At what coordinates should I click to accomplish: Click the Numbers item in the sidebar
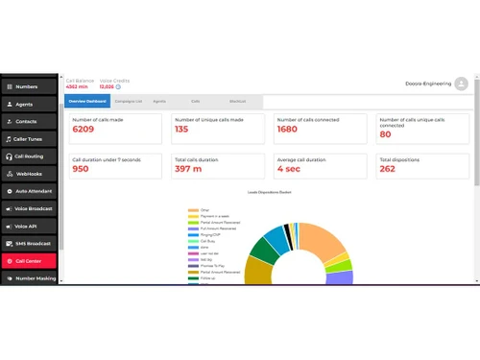(x=28, y=87)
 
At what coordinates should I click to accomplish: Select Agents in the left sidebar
(x=28, y=105)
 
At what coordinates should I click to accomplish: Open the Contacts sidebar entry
(x=28, y=122)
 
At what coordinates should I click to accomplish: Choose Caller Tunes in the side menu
(x=28, y=139)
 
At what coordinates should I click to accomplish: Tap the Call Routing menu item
(x=28, y=156)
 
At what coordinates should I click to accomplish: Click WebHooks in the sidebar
(x=28, y=174)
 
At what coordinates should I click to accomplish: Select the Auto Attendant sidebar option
(x=28, y=191)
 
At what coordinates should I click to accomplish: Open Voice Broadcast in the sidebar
(x=28, y=208)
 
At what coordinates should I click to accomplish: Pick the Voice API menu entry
(x=28, y=226)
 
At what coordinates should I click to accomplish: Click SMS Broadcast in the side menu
(x=28, y=243)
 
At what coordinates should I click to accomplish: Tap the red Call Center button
(x=28, y=260)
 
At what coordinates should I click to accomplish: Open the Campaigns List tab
(x=127, y=100)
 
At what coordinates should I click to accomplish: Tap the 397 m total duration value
(x=188, y=169)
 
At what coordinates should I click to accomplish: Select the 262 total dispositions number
(x=387, y=169)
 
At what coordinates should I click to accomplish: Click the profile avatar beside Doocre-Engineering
(x=461, y=84)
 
